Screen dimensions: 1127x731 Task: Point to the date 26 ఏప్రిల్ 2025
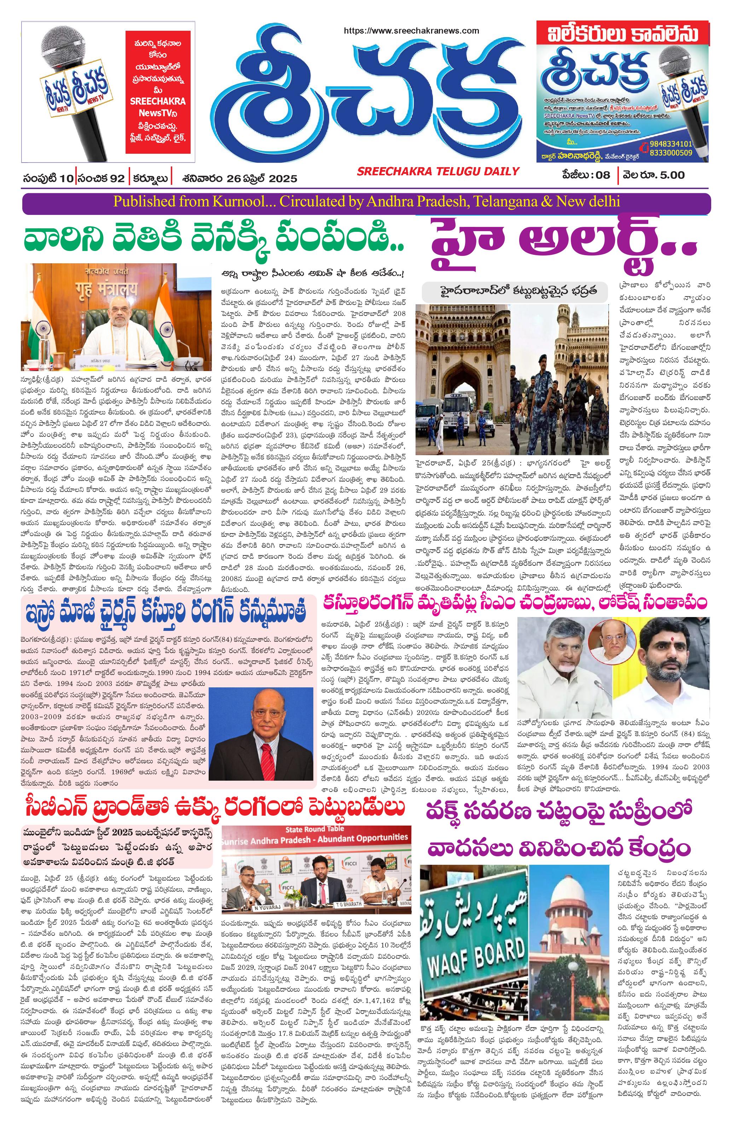259,178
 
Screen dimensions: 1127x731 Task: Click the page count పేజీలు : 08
586,175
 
